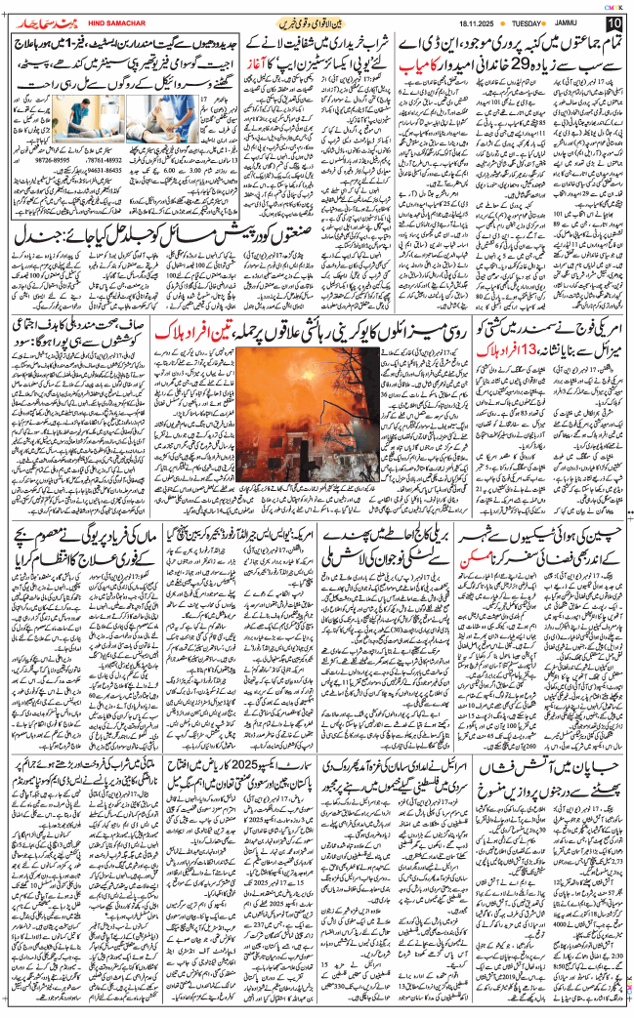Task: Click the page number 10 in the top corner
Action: pyautogui.click(x=613, y=22)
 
